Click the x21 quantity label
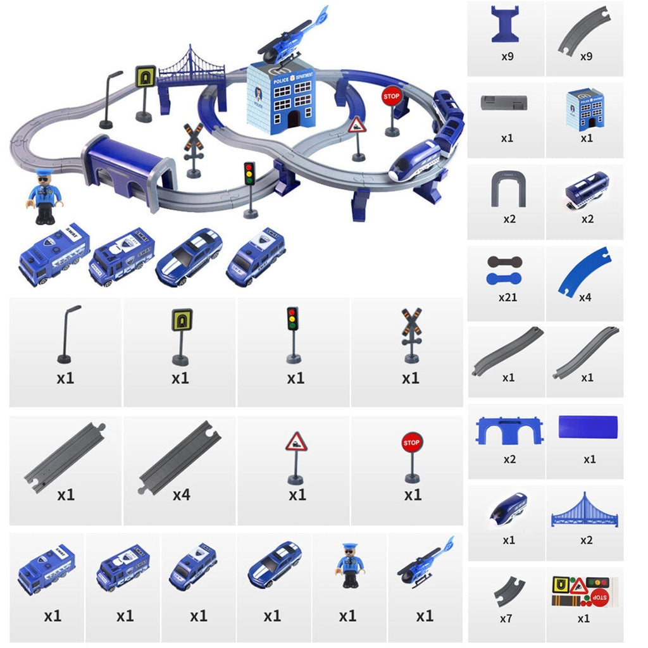coord(508,296)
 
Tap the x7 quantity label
coord(506,618)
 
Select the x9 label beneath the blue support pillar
coord(508,56)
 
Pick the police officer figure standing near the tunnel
coord(44,196)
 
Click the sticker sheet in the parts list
coord(585,591)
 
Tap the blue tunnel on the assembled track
coord(128,166)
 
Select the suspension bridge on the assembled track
coord(191,68)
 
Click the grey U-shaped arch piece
coord(508,190)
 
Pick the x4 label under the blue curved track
coord(585,296)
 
